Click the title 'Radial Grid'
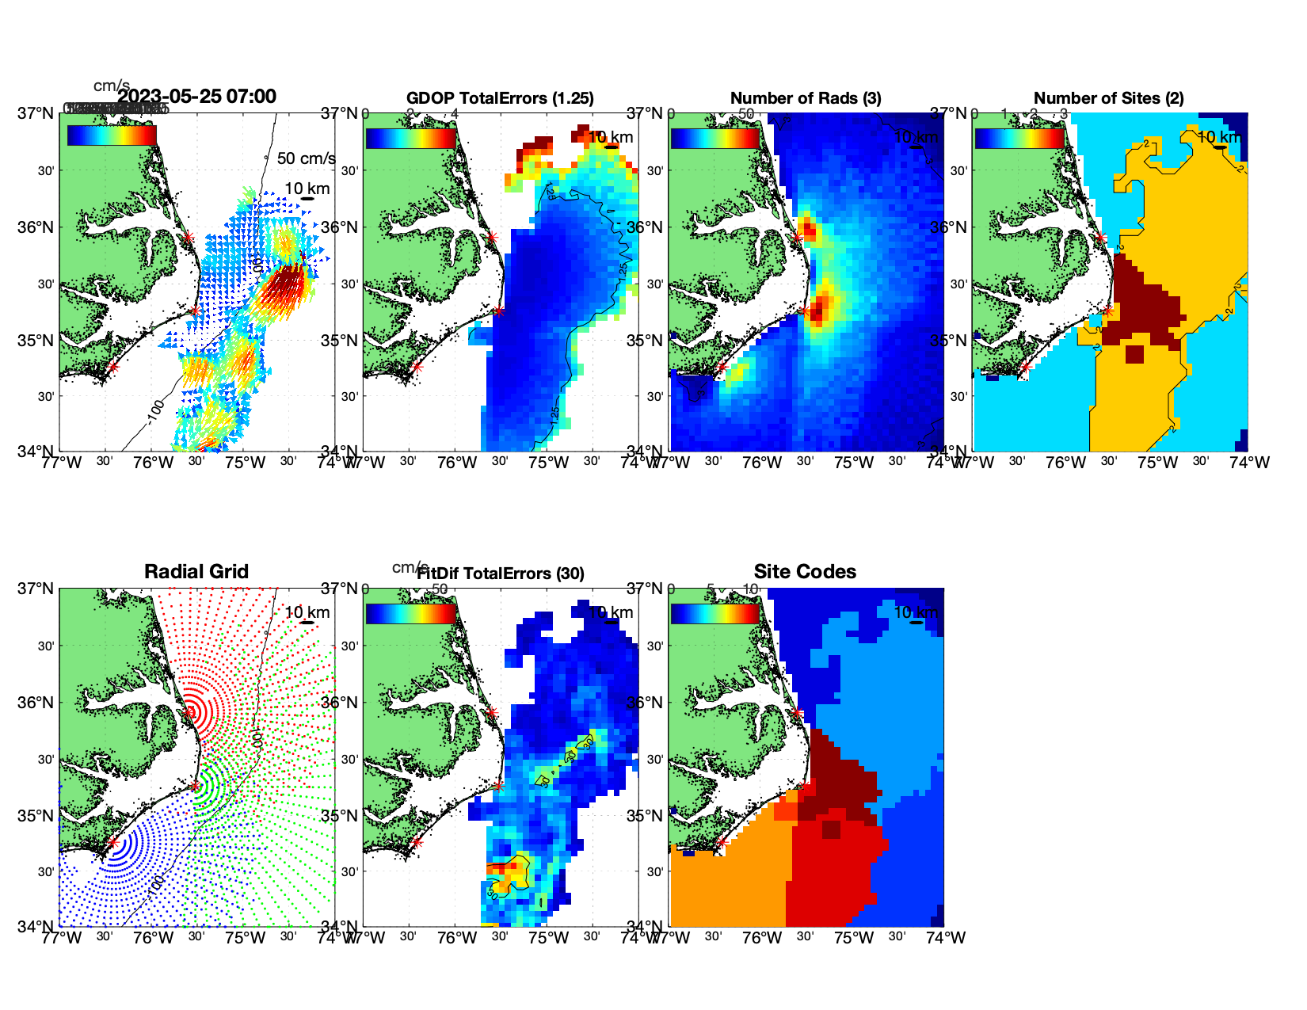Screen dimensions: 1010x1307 tap(196, 572)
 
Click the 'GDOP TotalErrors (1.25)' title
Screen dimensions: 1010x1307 tap(500, 98)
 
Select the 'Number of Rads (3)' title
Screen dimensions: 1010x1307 tap(806, 98)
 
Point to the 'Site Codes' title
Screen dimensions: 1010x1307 tap(805, 572)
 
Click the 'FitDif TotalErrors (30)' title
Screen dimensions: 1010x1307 tap(501, 574)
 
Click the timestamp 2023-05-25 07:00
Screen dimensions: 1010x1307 tap(197, 97)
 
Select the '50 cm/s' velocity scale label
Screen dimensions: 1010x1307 tap(306, 158)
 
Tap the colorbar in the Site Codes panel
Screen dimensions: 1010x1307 tap(715, 614)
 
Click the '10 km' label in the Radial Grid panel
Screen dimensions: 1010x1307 tap(307, 612)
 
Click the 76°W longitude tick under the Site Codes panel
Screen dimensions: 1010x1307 tap(762, 938)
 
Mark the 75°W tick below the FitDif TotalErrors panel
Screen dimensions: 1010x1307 tap(548, 938)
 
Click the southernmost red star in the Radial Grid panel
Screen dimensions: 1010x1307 tap(112, 842)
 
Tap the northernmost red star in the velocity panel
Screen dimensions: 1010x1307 tap(189, 237)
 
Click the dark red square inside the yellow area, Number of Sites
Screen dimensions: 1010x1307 tap(1135, 353)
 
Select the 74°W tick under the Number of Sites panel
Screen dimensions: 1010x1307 tap(1249, 463)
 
